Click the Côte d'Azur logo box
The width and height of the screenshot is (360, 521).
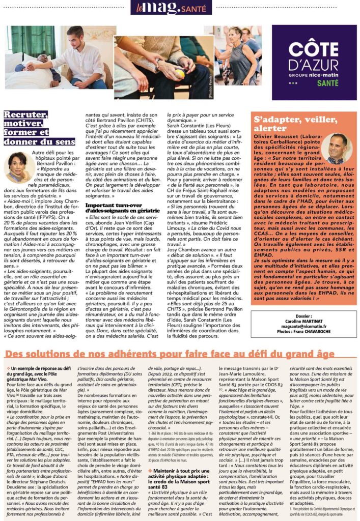(x=310, y=62)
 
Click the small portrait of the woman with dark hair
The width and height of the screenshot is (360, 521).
(x=17, y=167)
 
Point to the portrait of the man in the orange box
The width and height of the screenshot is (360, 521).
(x=337, y=149)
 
